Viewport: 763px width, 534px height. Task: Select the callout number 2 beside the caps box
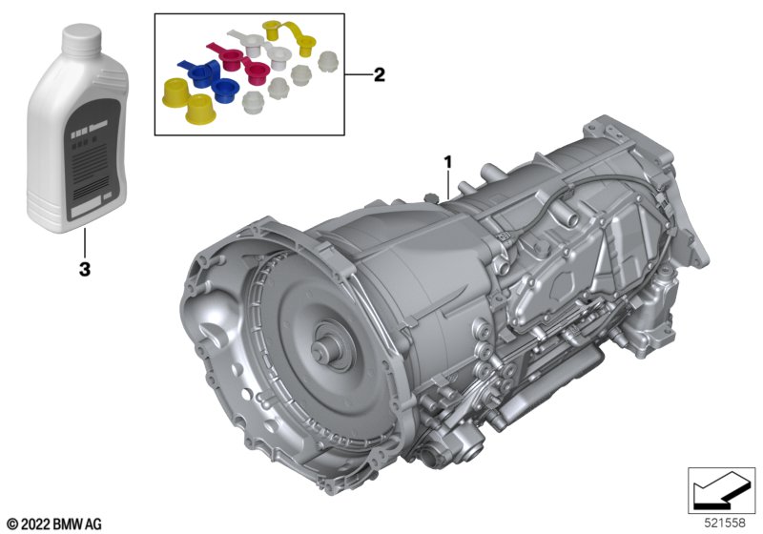pyautogui.click(x=379, y=75)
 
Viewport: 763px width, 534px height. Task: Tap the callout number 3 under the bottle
pyautogui.click(x=84, y=270)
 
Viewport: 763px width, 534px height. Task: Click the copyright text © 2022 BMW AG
pyautogui.click(x=54, y=524)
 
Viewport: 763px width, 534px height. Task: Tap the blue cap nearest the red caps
pyautogui.click(x=225, y=90)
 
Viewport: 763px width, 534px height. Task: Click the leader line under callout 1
pyautogui.click(x=446, y=186)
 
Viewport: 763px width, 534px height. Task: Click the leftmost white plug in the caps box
pyautogui.click(x=252, y=102)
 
